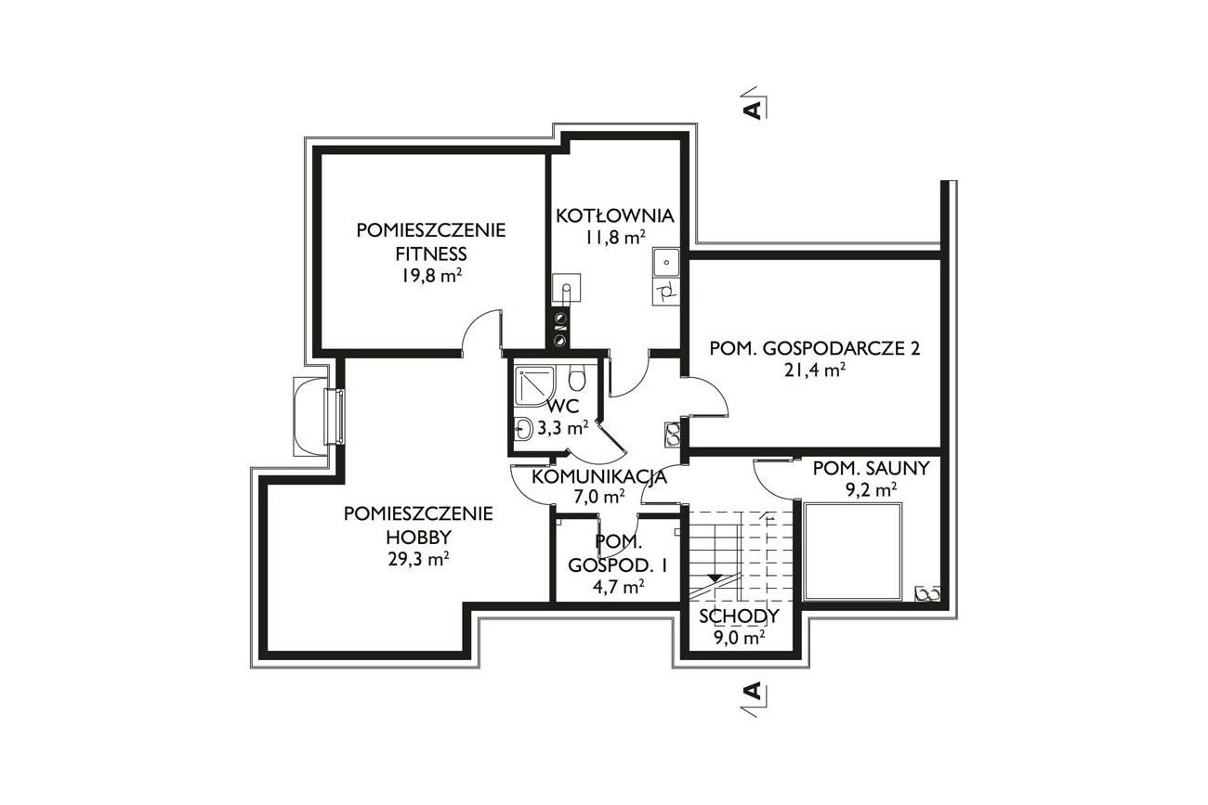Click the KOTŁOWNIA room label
[615, 215]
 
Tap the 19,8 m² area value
[431, 276]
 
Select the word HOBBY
[418, 538]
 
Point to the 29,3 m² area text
[418, 559]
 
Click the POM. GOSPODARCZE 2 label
[814, 348]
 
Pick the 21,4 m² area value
[814, 370]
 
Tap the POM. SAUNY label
[871, 468]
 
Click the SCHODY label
[739, 616]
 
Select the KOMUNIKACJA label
[599, 477]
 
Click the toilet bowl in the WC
[576, 377]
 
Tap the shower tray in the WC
[534, 384]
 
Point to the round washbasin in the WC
[523, 430]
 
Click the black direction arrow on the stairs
[715, 578]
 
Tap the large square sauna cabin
[852, 552]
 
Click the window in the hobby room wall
[335, 417]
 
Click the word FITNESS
[431, 253]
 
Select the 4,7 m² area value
[618, 587]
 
